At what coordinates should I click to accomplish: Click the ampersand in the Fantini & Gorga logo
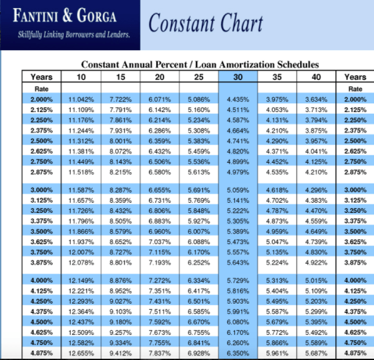tap(68, 15)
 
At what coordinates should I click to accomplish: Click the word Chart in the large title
tap(241, 23)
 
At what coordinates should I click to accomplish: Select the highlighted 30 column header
tap(238, 77)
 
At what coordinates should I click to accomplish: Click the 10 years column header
tap(81, 77)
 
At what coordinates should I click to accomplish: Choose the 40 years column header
tap(316, 77)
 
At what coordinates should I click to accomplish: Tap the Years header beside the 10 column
tap(41, 77)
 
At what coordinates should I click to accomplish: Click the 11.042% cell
tap(81, 100)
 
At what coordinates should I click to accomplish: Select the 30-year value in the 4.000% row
tap(238, 280)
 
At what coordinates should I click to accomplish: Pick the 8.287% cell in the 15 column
tap(120, 190)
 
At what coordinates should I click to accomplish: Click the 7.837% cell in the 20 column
tap(160, 353)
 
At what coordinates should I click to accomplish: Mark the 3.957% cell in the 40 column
tap(316, 141)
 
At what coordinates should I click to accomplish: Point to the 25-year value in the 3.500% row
tap(199, 232)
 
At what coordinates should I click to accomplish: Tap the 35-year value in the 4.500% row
tap(277, 322)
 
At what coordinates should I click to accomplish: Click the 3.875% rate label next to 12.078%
tap(41, 263)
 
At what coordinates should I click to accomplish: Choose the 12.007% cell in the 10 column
tap(81, 252)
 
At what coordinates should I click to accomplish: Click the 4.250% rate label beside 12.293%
tap(41, 301)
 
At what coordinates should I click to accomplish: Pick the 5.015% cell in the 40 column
tap(316, 280)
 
